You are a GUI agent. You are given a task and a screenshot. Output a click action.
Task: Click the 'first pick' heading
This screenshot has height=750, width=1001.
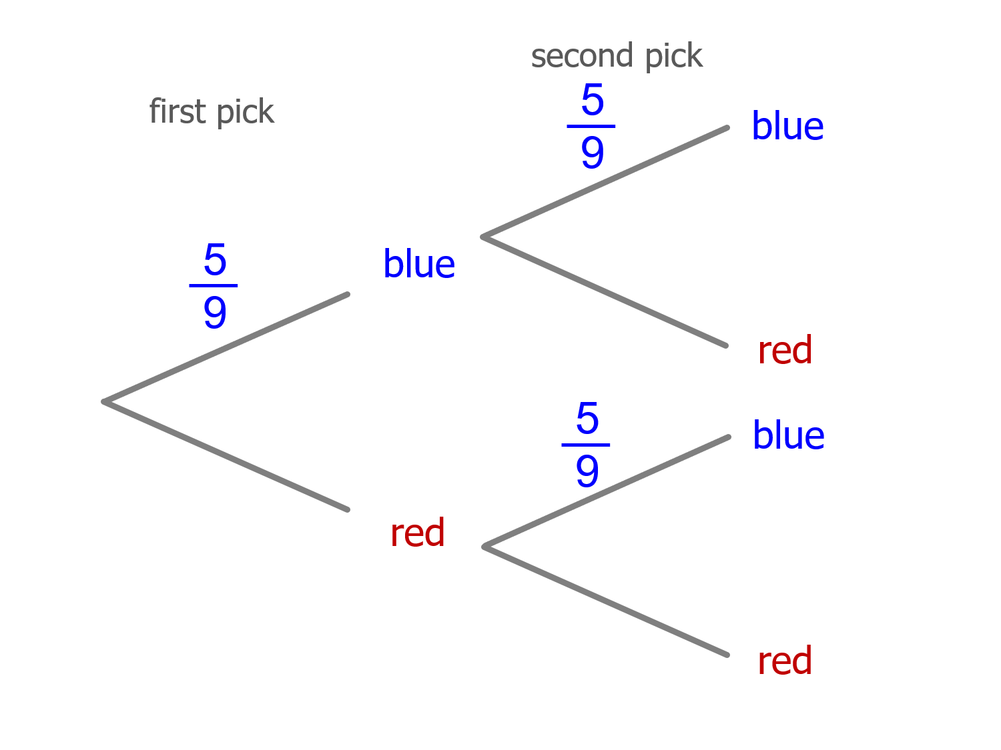pos(212,112)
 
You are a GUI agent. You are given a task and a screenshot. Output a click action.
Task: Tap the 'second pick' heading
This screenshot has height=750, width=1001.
pos(617,56)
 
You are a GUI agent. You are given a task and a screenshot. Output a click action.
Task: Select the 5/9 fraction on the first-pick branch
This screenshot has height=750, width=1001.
pos(214,285)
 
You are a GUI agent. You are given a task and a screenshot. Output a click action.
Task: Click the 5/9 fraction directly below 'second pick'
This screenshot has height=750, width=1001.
pos(592,125)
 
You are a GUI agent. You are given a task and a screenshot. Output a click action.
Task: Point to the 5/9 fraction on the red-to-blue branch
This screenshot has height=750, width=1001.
pos(587,444)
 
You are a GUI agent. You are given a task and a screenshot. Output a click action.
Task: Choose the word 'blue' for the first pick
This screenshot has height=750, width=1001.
pos(419,264)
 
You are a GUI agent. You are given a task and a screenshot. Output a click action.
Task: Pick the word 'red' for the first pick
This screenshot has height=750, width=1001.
pos(417,533)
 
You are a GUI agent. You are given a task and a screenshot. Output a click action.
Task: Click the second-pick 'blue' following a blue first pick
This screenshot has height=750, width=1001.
pos(787,126)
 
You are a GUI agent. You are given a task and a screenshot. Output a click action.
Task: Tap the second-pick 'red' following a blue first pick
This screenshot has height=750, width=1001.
pos(785,351)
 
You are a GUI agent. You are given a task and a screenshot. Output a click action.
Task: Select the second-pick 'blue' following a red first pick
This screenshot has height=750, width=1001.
pos(788,435)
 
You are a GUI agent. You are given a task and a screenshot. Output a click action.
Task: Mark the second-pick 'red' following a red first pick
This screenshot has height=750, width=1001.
pos(785,661)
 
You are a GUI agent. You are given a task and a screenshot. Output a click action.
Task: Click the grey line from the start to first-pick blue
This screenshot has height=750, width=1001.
pos(226,348)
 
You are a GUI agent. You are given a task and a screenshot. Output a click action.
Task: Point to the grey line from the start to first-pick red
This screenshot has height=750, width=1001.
pos(226,456)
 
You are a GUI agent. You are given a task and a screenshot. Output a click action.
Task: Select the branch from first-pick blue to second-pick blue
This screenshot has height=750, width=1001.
pos(605,182)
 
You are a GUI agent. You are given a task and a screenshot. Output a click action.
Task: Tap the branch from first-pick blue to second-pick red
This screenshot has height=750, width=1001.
pos(605,291)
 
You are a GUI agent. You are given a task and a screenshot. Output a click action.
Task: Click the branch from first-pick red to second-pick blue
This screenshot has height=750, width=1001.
pos(607,492)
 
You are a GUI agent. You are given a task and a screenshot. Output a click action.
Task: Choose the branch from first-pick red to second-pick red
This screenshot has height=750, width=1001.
pos(606,601)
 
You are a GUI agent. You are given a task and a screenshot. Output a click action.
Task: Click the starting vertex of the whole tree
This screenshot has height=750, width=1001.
pos(104,402)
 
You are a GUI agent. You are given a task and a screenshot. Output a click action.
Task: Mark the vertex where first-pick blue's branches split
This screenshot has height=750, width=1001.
pos(483,237)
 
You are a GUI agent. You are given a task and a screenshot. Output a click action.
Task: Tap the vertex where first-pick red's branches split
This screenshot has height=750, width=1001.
pos(484,547)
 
